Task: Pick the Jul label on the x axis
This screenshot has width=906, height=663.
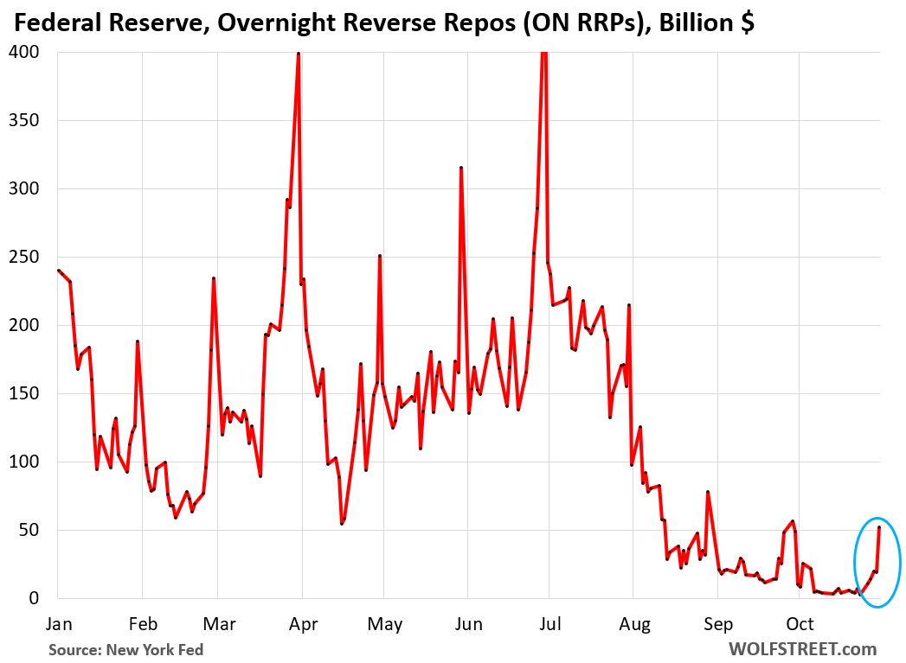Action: tap(549, 624)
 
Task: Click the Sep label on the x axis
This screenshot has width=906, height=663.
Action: tap(717, 624)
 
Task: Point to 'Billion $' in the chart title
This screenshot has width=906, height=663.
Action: tap(706, 23)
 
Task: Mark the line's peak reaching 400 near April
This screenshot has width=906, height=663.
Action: tap(299, 53)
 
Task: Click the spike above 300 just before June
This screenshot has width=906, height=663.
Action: tap(461, 168)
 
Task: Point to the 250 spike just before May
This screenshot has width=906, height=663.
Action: tap(380, 256)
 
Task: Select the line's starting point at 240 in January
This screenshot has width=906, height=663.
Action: tap(58, 271)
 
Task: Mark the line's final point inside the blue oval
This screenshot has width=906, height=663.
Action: tap(879, 527)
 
